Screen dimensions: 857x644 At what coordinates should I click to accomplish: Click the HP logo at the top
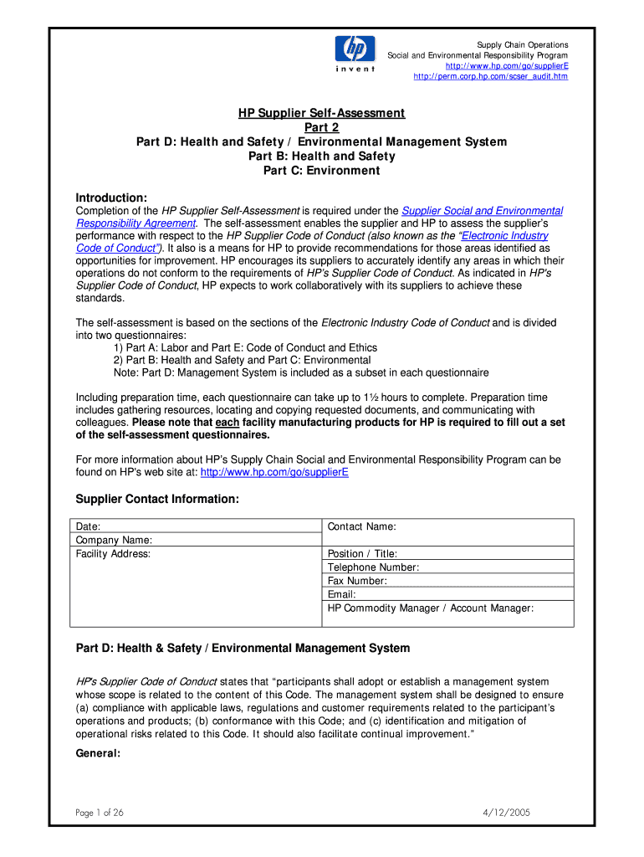point(355,51)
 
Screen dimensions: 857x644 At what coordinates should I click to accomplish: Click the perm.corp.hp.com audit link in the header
point(491,76)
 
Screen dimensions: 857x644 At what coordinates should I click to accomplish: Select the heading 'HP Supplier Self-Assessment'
point(322,113)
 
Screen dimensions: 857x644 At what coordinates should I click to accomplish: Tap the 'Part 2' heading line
point(322,127)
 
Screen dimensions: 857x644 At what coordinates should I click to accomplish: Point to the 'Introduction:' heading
point(111,198)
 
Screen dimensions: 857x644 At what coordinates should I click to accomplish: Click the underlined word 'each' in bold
point(227,423)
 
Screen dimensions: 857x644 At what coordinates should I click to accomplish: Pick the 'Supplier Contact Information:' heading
point(157,499)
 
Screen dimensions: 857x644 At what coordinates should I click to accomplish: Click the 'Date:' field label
point(88,526)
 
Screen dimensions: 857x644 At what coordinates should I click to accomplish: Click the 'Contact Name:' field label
point(361,526)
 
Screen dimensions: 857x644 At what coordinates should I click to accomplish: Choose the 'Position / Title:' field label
point(362,554)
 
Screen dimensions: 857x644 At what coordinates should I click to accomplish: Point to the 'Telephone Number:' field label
point(373,567)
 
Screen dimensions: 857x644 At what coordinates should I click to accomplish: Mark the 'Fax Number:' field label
point(357,581)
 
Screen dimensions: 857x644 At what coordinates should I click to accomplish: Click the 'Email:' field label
point(341,594)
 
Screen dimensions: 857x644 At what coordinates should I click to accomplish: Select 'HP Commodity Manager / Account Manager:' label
point(430,608)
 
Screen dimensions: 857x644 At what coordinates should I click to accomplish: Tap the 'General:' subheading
point(98,752)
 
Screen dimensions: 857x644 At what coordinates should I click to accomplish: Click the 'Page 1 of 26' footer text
point(99,813)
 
